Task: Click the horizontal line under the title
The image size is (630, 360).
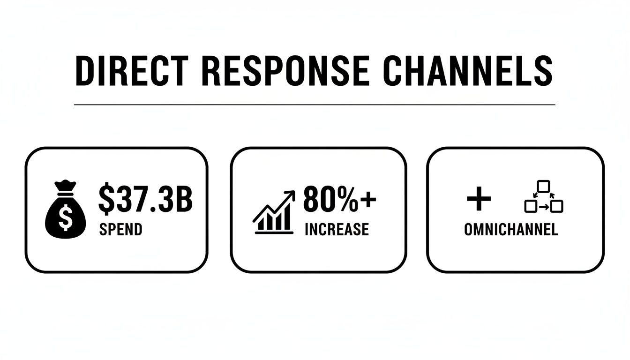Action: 314,105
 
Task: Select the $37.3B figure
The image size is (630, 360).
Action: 145,199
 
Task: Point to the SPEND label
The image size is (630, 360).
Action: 120,230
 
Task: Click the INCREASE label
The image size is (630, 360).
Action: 337,230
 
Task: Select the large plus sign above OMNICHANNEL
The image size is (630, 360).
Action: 479,200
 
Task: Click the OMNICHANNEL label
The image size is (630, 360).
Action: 511,230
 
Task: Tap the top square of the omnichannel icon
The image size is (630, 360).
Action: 543,186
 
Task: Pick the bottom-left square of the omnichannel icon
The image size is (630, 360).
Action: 530,206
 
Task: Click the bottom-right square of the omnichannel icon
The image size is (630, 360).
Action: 556,206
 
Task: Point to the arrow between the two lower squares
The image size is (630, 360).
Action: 543,206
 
